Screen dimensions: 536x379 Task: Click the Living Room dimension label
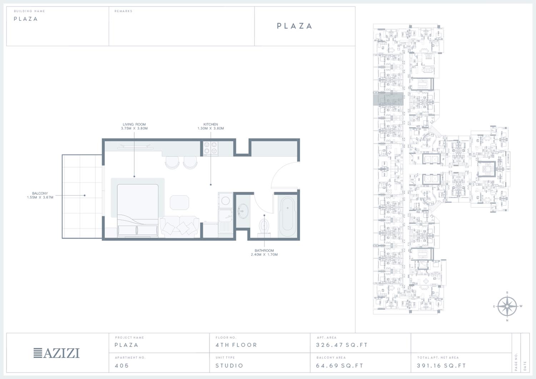click(x=134, y=126)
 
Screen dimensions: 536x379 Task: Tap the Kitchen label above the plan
click(x=210, y=126)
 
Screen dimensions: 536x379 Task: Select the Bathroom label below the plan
click(x=264, y=253)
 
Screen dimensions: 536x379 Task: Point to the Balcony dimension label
click(x=40, y=195)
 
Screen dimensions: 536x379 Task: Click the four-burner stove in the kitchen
click(x=210, y=148)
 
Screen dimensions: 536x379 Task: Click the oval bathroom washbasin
click(x=243, y=211)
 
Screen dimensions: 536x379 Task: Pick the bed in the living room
click(x=138, y=210)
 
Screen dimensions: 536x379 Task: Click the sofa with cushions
click(x=179, y=226)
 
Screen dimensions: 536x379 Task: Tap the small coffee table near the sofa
click(x=179, y=203)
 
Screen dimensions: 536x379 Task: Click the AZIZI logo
click(x=56, y=353)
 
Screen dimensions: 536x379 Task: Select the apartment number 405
click(x=122, y=365)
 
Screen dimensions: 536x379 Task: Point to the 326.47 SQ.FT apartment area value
click(x=342, y=345)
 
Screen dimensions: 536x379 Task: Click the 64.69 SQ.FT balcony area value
click(x=339, y=365)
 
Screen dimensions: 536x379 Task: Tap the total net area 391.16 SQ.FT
click(x=441, y=365)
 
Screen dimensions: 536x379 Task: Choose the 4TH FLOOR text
click(x=237, y=345)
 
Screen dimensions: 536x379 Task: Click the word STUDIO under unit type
click(x=229, y=365)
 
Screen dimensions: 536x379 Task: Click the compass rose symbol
click(x=507, y=306)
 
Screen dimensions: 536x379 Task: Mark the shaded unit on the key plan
click(x=388, y=99)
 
